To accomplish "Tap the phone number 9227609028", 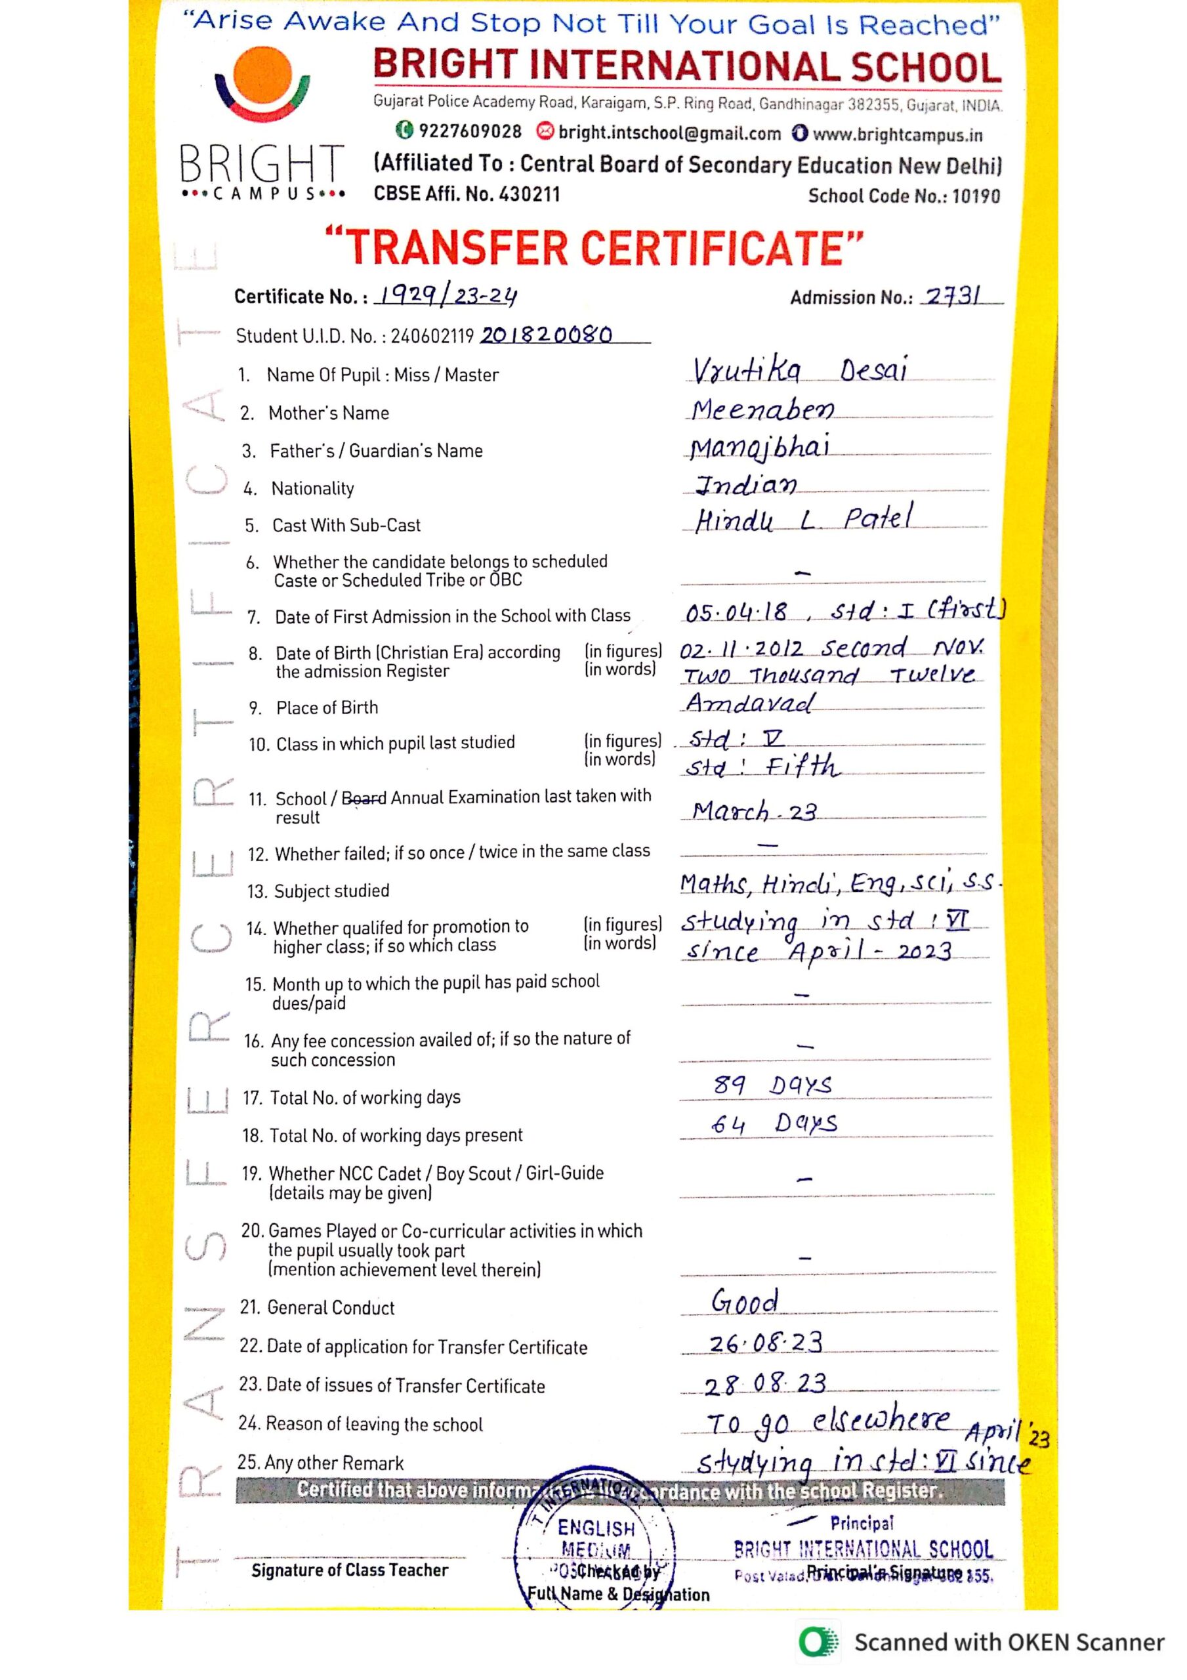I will pyautogui.click(x=469, y=132).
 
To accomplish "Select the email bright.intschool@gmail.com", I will pyautogui.click(x=669, y=133).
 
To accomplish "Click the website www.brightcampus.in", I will pyautogui.click(x=897, y=135).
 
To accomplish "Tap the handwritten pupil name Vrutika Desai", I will pyautogui.click(x=800, y=370).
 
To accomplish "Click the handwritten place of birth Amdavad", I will pyautogui.click(x=749, y=703).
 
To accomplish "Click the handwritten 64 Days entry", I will pyautogui.click(x=774, y=1123).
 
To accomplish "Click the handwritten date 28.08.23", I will pyautogui.click(x=764, y=1383).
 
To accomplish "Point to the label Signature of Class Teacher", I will pyautogui.click(x=350, y=1570).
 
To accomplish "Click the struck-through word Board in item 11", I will pyautogui.click(x=364, y=797).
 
